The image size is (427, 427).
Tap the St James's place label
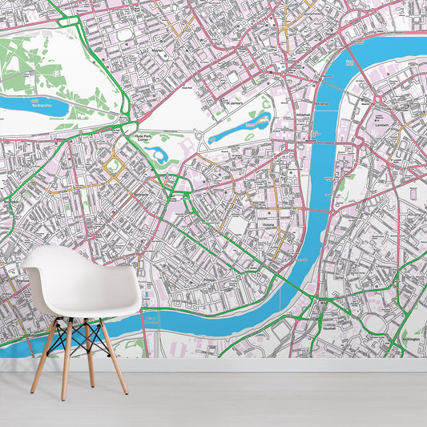click(x=233, y=103)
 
